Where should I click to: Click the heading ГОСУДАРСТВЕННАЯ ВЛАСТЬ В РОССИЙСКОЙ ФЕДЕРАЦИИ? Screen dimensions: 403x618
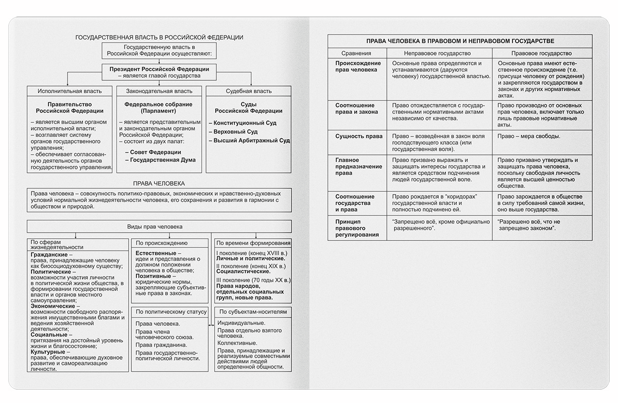[159, 38]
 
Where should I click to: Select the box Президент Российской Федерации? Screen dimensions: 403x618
[159, 72]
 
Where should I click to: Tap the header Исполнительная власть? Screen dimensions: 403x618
[70, 91]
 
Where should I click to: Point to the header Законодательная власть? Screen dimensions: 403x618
[159, 91]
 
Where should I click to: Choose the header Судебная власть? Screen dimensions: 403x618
[248, 91]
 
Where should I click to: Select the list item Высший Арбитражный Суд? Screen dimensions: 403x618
[251, 140]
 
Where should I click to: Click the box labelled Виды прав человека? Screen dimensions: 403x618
[159, 226]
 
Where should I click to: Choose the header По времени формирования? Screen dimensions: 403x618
[253, 243]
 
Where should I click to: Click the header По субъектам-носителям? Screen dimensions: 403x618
[253, 311]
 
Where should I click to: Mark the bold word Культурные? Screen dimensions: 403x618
[48, 352]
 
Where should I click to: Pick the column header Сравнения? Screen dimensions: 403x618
[356, 53]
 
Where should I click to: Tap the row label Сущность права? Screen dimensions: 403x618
[358, 136]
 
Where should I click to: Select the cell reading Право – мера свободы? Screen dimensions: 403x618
[529, 136]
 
